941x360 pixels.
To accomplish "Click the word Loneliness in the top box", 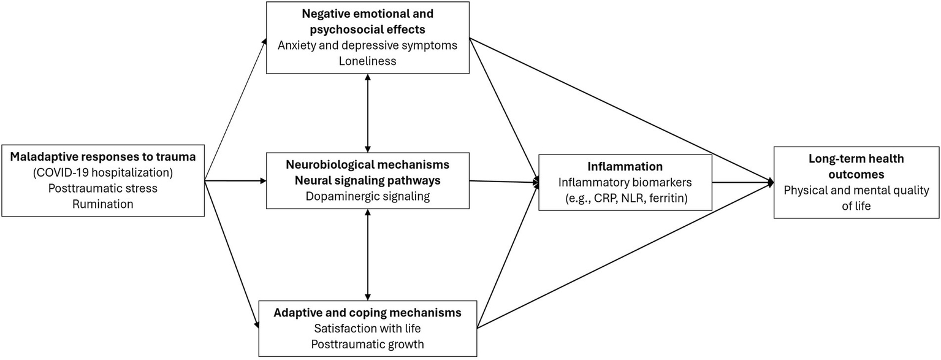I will tap(367, 61).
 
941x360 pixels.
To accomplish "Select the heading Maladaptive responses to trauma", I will tap(103, 156).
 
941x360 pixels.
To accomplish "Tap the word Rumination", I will tap(103, 204).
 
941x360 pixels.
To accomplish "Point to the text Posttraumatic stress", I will tap(103, 188).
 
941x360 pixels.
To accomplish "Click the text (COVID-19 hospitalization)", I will tap(103, 172).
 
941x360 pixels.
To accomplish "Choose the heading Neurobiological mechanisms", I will tap(367, 165).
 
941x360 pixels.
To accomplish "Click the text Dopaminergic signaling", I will tap(367, 197).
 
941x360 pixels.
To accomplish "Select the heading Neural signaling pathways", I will tap(367, 181).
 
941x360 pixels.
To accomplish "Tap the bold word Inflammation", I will tap(625, 166).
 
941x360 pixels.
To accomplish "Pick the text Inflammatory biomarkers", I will tap(625, 182).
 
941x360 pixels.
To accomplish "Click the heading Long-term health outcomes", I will tap(856, 166).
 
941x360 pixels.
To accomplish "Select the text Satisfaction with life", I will tap(367, 328).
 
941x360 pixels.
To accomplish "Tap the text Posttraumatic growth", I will tap(367, 344).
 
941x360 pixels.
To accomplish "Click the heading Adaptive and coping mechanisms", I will tap(367, 313).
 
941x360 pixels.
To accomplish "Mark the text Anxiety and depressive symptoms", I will tap(367, 45).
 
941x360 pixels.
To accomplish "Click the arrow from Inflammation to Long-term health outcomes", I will tap(742, 182).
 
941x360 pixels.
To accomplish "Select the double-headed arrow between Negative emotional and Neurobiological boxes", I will tap(367, 113).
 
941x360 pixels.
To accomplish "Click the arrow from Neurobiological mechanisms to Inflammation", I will tap(503, 182).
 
